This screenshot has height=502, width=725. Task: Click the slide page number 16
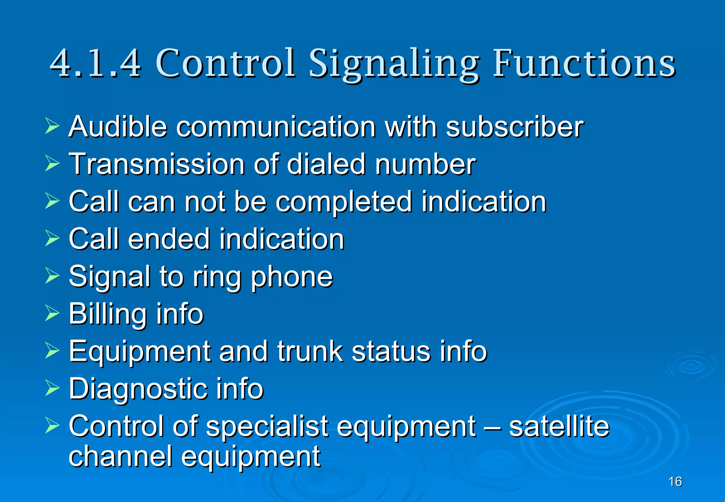pyautogui.click(x=675, y=481)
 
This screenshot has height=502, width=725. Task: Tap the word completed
pyautogui.click(x=344, y=202)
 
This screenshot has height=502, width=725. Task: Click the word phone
pyautogui.click(x=292, y=277)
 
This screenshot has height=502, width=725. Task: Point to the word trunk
pyautogui.click(x=310, y=351)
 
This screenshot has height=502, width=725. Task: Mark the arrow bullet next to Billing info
pyautogui.click(x=52, y=313)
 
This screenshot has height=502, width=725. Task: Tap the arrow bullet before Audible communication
pyautogui.click(x=52, y=126)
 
